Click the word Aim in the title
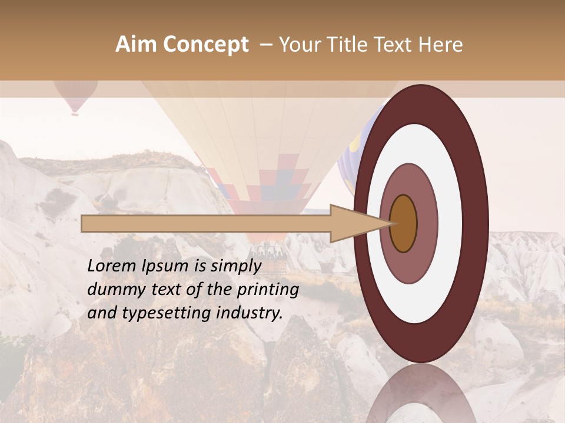[x=135, y=45]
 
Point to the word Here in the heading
[x=441, y=45]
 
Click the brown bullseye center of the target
[x=403, y=223]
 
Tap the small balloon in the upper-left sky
[x=75, y=95]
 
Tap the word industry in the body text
[x=248, y=314]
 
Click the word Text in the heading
[x=400, y=45]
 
